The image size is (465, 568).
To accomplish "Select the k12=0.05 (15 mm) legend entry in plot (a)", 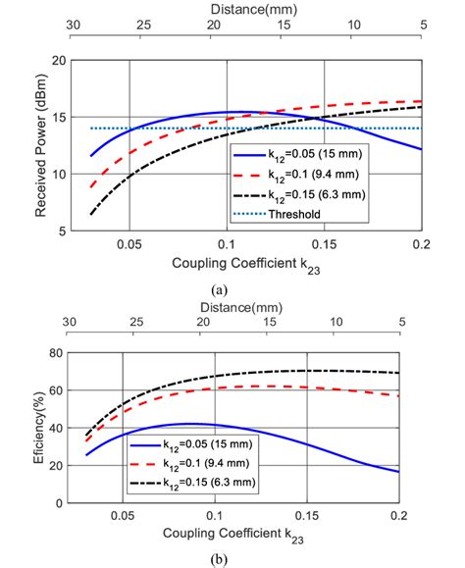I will click(x=312, y=155).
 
